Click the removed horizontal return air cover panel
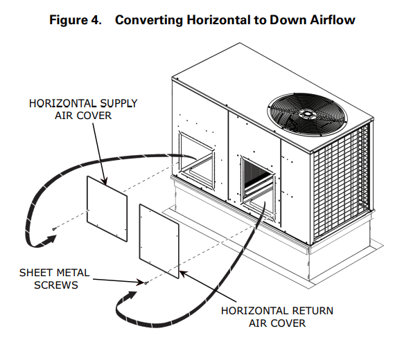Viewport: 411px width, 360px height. point(159,240)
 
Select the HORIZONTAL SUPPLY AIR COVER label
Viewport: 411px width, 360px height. point(83,110)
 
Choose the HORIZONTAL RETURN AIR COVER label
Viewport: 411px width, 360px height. point(267,316)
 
